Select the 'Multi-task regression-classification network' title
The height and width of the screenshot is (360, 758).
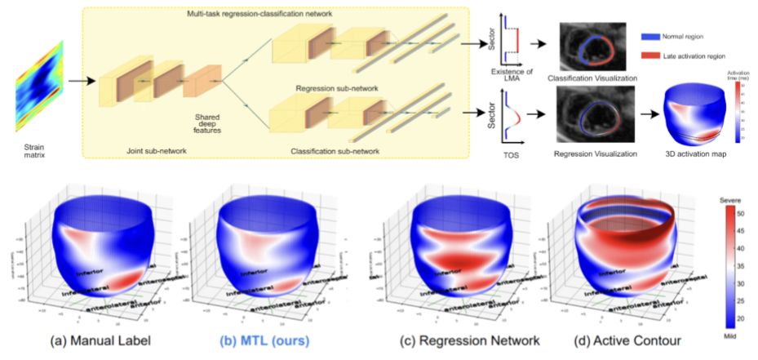pos(252,16)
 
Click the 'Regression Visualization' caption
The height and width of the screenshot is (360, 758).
pos(592,152)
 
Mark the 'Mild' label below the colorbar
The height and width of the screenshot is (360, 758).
pos(729,334)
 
